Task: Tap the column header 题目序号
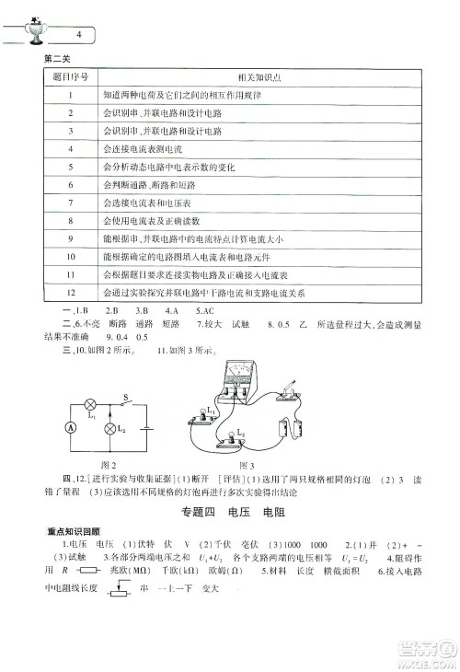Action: pos(70,78)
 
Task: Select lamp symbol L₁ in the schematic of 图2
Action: pos(90,404)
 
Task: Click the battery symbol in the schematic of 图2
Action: pos(147,428)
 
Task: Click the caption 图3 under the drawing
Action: pos(247,465)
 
